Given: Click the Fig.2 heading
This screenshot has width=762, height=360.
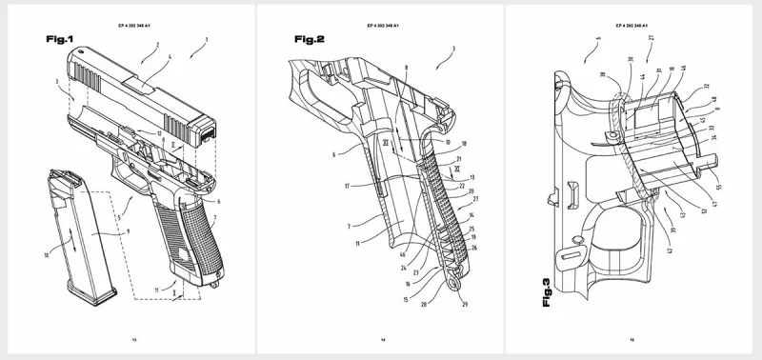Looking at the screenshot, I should [x=307, y=39].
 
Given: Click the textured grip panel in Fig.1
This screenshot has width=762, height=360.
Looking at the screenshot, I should [x=187, y=233].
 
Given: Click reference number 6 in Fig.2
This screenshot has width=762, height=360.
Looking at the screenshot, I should [x=332, y=152].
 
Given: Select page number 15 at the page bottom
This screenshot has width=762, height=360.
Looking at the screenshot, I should [x=634, y=338].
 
